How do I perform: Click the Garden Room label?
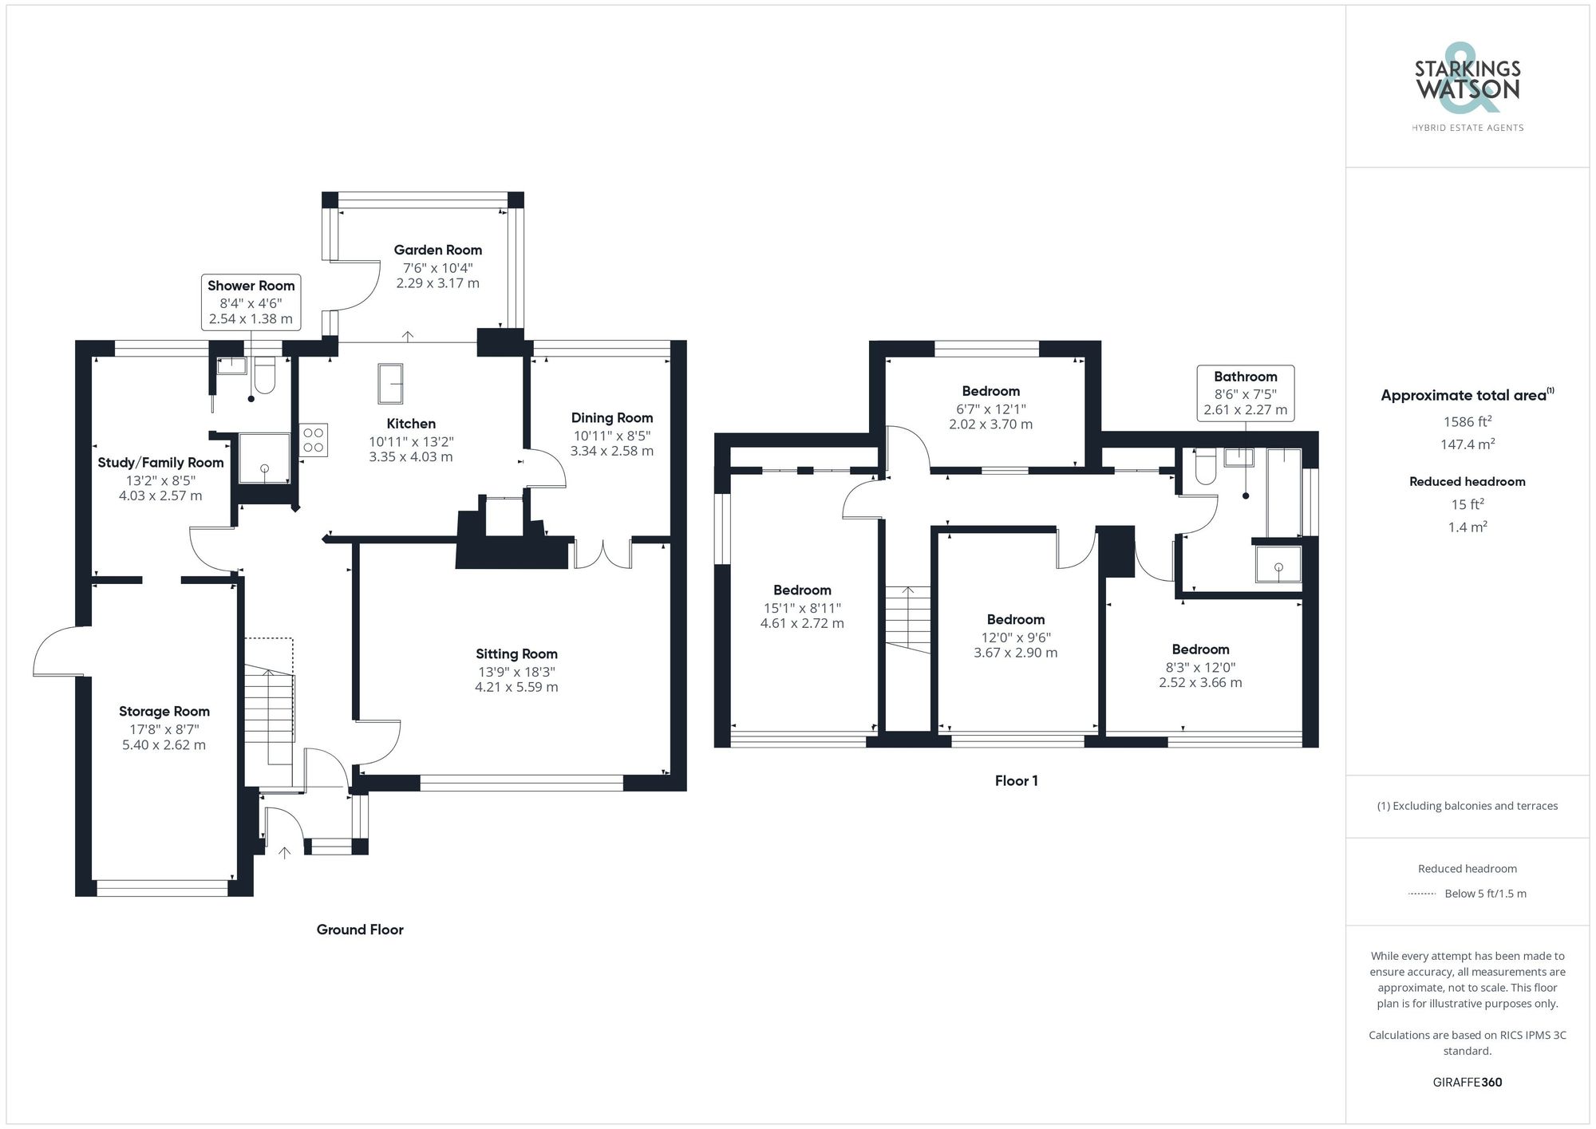click(x=437, y=250)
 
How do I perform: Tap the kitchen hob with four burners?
click(x=314, y=440)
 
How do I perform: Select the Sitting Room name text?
click(x=516, y=654)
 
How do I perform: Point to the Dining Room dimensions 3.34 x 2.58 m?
click(x=612, y=451)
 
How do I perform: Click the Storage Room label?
click(x=164, y=712)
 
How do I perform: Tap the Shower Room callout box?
click(x=251, y=302)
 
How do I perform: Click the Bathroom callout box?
click(x=1246, y=393)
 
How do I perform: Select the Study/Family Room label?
click(x=160, y=463)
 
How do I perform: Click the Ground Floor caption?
click(x=360, y=930)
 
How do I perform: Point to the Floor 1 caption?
click(x=1016, y=781)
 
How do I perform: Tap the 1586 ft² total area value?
click(x=1468, y=421)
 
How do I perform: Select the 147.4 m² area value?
click(x=1468, y=444)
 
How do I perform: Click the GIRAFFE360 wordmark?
click(x=1468, y=1082)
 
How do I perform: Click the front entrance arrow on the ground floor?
click(x=284, y=853)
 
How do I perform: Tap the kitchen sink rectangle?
click(x=390, y=384)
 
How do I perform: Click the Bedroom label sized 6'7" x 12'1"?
click(x=990, y=391)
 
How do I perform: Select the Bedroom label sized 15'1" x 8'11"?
click(x=802, y=590)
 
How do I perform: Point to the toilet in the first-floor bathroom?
click(x=1204, y=466)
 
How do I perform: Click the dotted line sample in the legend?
click(x=1423, y=894)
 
